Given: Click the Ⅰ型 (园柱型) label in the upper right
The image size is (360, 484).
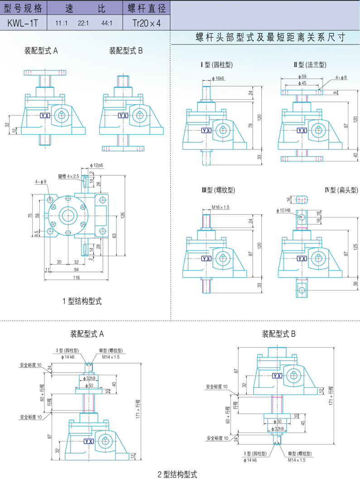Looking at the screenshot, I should click(x=216, y=65).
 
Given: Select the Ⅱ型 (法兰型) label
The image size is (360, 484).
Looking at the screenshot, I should click(x=310, y=65).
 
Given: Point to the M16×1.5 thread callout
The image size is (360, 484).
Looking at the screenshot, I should click(x=221, y=207).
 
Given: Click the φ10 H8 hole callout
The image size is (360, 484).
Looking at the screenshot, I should click(x=284, y=210).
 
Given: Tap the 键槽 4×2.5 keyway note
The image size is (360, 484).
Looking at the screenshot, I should click(x=68, y=176).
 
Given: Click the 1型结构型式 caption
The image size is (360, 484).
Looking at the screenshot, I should click(x=82, y=301).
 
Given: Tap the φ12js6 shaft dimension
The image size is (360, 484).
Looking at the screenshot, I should click(x=97, y=165).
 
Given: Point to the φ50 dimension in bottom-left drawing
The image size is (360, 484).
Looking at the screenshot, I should click(x=91, y=385).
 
